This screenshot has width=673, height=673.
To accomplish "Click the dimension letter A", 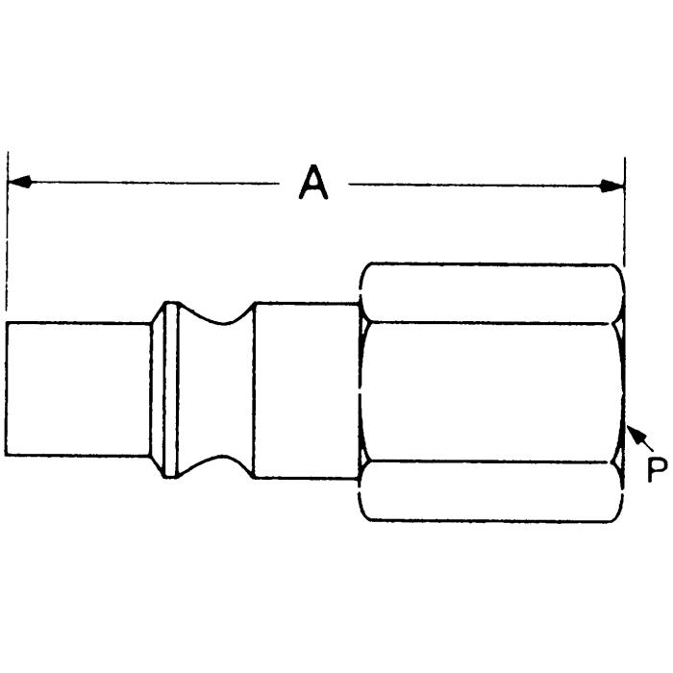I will click(x=312, y=183).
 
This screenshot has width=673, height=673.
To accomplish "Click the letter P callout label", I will click(x=657, y=470).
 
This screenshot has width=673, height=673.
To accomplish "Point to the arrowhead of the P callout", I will click(x=632, y=436).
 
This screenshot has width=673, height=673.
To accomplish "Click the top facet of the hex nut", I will click(x=490, y=292).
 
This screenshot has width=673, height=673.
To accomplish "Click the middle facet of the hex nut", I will click(x=490, y=391).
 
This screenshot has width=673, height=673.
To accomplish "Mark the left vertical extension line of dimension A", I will click(x=8, y=240).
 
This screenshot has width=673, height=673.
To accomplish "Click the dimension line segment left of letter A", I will click(x=154, y=182).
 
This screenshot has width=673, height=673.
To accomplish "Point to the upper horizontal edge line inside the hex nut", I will click(x=490, y=321).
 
